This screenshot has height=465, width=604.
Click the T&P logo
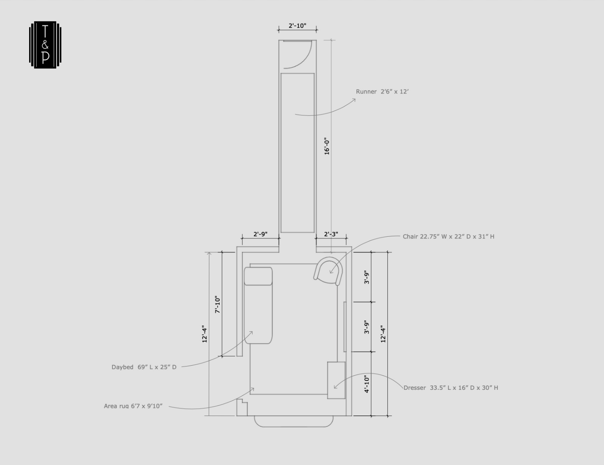coord(45,44)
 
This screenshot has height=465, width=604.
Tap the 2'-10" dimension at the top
coord(297,26)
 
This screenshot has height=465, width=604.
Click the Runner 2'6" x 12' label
coord(382,92)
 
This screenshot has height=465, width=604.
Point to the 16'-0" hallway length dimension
coord(326,146)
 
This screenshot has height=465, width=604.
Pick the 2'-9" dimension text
coord(260,234)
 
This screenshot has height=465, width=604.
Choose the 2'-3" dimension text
coord(331,234)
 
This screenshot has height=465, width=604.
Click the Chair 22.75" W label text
coord(448,237)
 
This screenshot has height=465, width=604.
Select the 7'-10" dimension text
coord(218,304)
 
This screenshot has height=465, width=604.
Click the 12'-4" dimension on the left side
coord(204,334)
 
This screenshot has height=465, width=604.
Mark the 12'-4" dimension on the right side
coord(383,334)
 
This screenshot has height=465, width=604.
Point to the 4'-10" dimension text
coord(367,384)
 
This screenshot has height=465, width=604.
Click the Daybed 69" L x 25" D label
coord(144,367)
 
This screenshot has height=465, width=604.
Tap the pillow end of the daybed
coord(258,276)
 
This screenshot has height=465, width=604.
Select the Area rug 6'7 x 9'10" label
coord(133,406)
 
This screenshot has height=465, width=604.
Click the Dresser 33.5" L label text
coord(451,388)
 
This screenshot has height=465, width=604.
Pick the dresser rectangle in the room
coord(336,380)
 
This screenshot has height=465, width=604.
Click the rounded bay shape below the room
coord(294,421)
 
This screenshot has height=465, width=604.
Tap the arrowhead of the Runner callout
coord(354,100)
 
